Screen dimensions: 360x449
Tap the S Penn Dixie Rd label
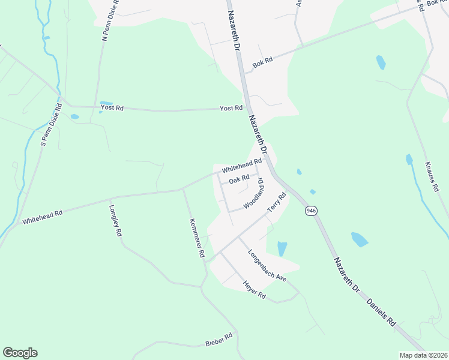pos(51,125)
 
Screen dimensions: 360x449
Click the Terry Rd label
pos(277,202)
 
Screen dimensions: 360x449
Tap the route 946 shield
pos(310,211)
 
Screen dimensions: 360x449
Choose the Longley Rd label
pos(116,221)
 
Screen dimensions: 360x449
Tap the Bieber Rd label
pos(218,340)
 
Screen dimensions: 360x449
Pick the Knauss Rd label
pos(432,176)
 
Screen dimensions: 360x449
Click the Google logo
pos(20,353)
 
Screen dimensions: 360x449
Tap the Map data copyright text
pos(423,355)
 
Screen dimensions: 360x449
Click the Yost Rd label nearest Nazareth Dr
pos(231,108)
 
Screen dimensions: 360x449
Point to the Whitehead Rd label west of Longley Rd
pos(43,217)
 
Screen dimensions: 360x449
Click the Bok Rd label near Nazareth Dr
pos(262,61)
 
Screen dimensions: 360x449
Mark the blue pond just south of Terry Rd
pos(282,248)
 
